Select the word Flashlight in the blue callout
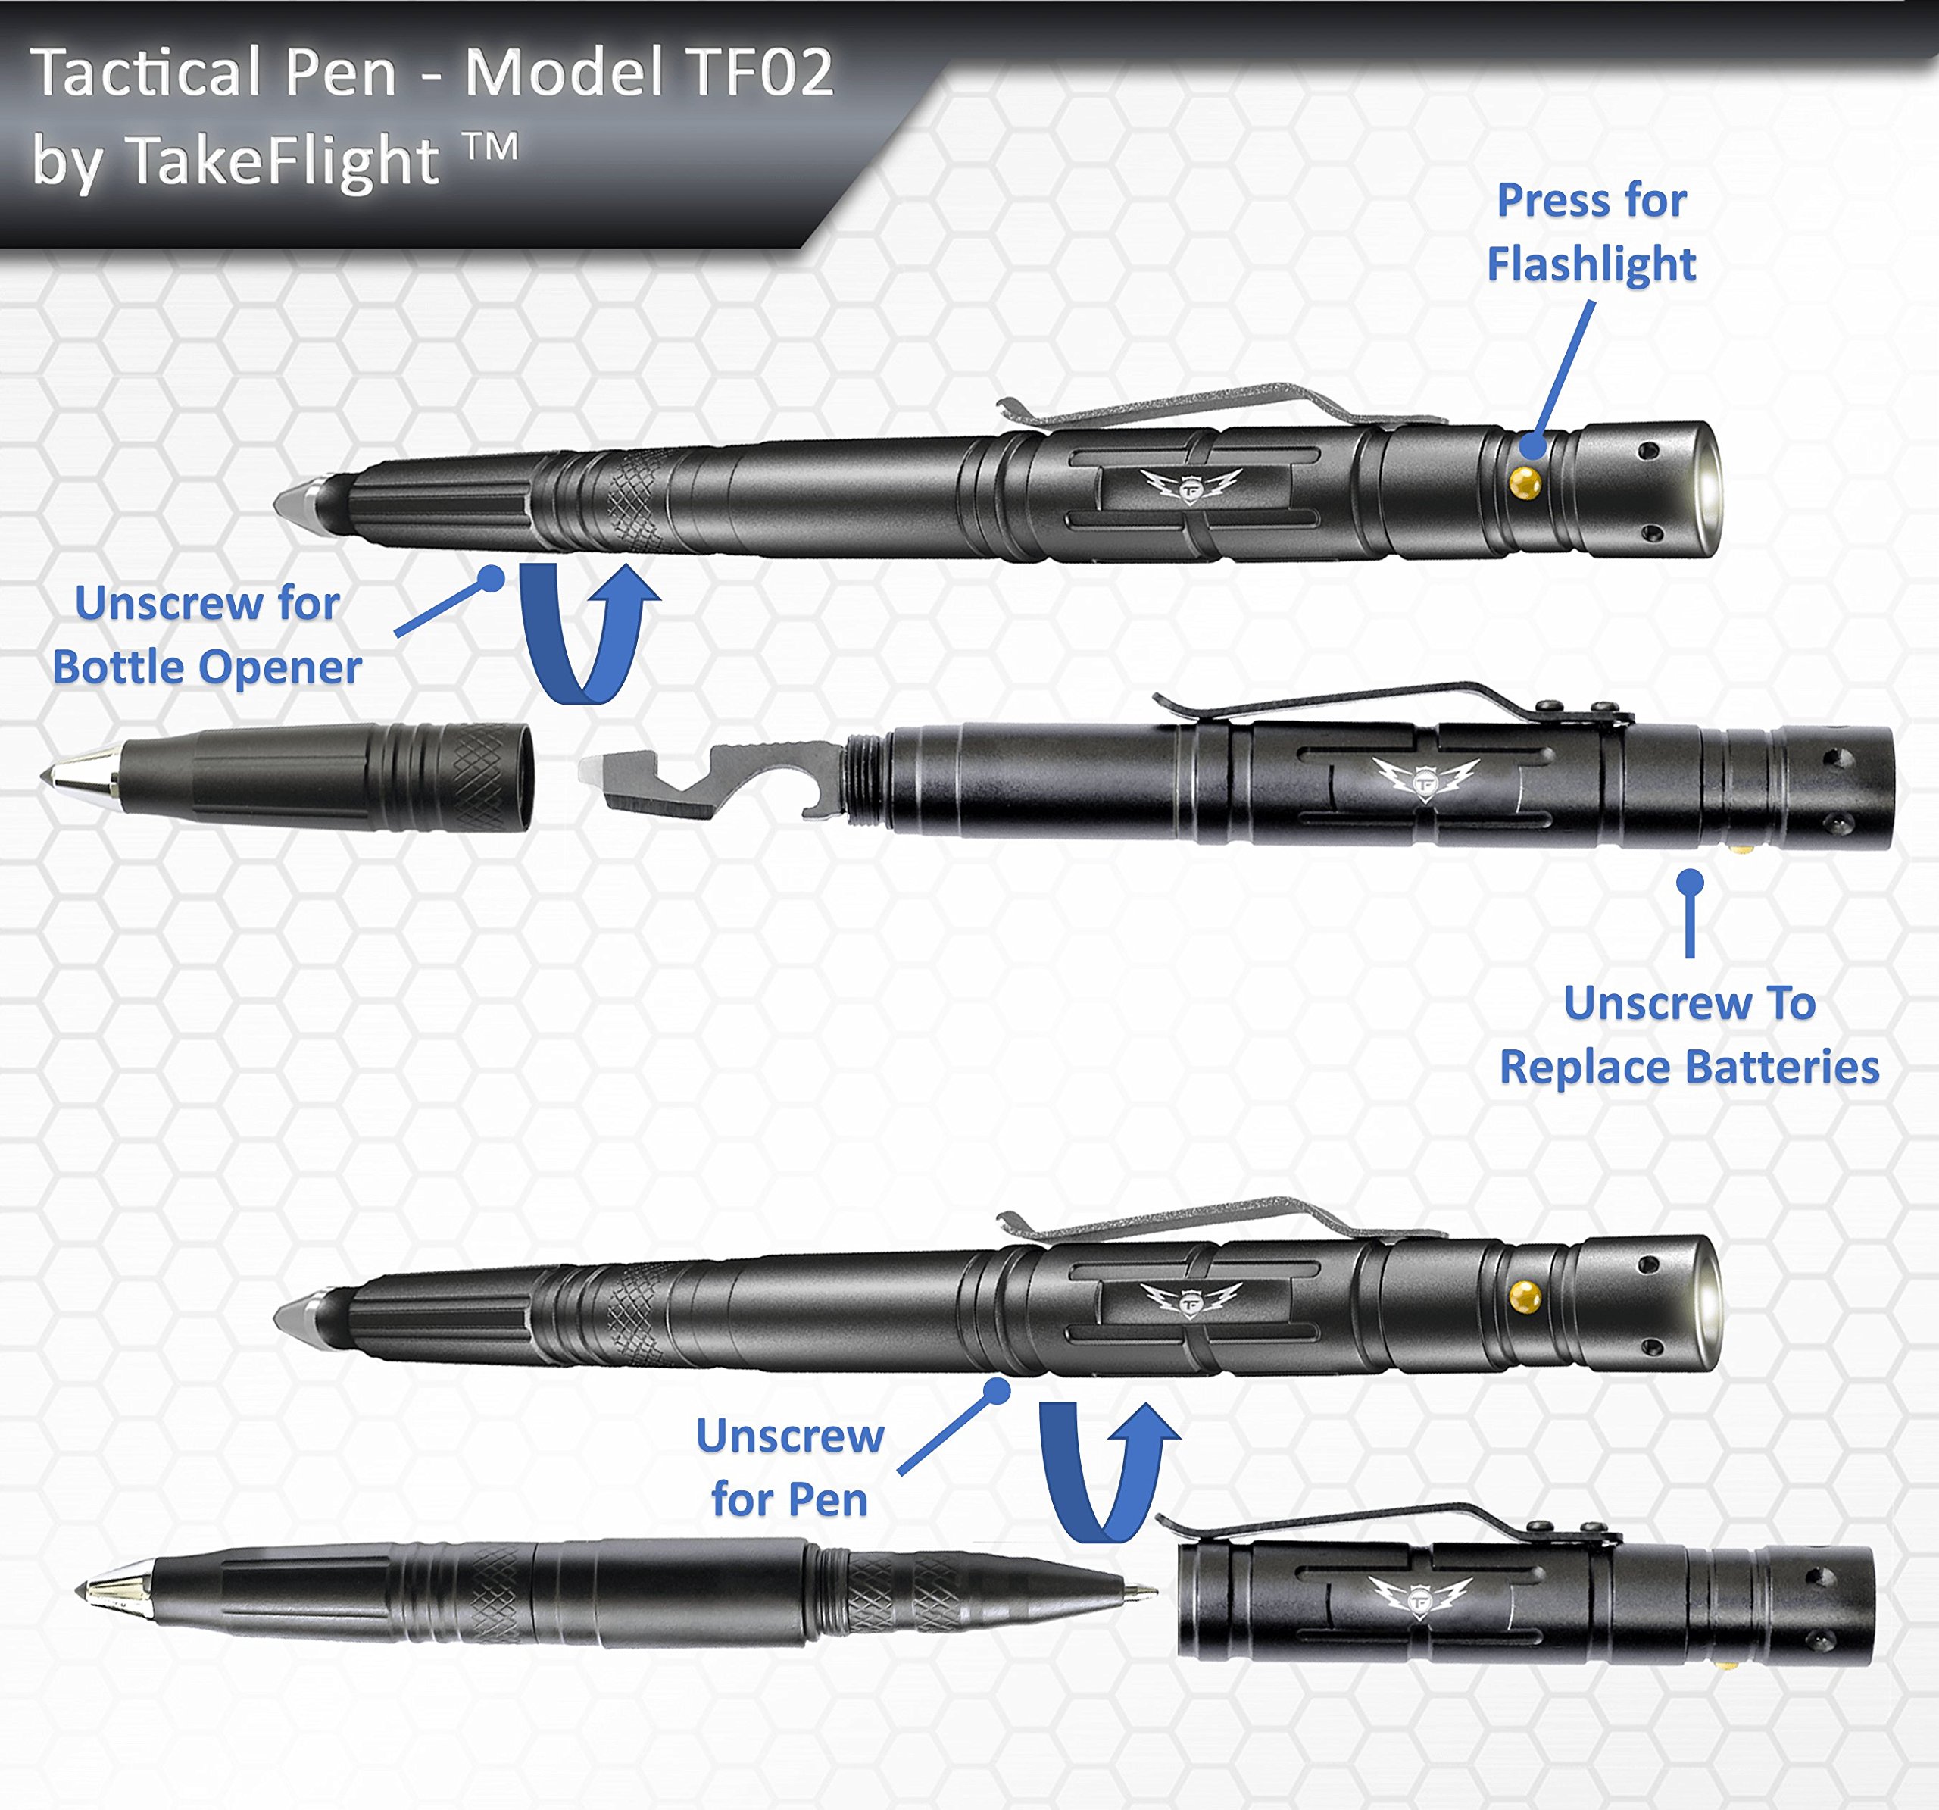(1591, 264)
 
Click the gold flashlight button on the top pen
(1525, 482)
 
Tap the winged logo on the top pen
(1190, 484)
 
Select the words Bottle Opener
(207, 668)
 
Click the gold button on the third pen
(1525, 1296)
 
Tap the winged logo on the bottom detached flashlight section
(1419, 1599)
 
